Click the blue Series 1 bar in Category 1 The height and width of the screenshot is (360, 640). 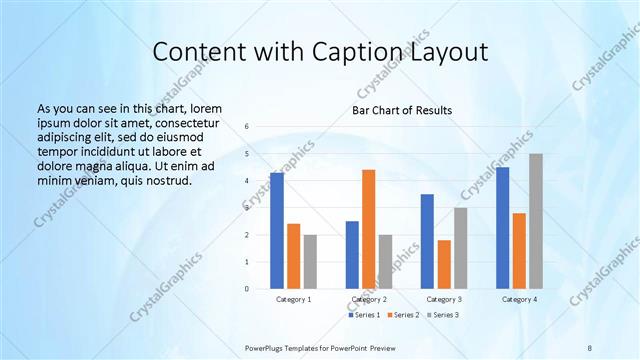tap(277, 231)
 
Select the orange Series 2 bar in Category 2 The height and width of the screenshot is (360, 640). tap(368, 229)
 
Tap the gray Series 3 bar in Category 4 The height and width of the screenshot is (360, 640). tap(536, 221)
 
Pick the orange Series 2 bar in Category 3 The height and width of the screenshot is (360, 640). tap(443, 264)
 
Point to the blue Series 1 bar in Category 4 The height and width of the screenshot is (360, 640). tap(502, 228)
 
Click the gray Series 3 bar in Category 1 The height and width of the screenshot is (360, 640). tap(310, 262)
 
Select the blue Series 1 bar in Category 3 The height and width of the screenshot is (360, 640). tap(427, 241)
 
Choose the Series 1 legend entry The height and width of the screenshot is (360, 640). tap(364, 315)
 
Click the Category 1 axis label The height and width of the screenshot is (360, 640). tap(293, 299)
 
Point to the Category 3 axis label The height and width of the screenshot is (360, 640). tap(443, 299)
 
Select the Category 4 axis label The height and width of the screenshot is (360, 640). tap(518, 299)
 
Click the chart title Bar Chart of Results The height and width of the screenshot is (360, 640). tap(402, 110)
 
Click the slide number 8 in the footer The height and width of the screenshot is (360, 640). tap(589, 348)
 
